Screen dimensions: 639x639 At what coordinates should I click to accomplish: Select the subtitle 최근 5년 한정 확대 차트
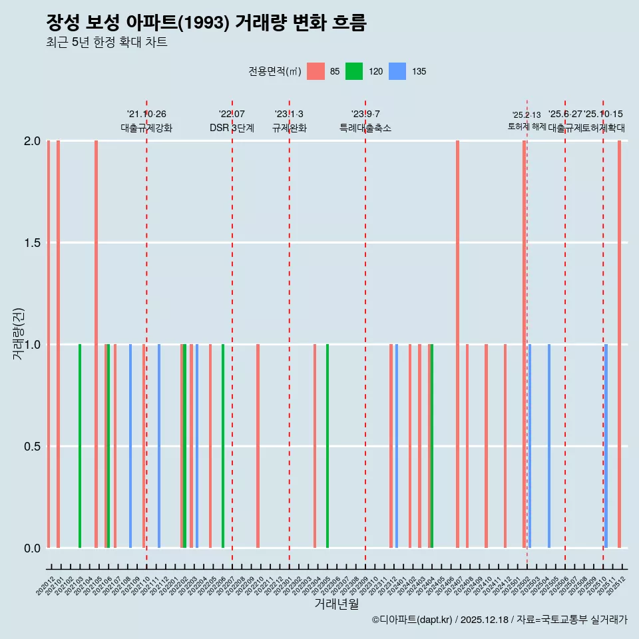(106, 43)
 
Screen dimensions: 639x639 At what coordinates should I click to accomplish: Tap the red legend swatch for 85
(316, 71)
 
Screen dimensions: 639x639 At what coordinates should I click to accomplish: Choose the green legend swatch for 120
(354, 71)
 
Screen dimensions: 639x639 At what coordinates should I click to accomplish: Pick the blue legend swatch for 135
(397, 71)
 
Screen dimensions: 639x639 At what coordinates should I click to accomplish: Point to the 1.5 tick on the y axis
(32, 243)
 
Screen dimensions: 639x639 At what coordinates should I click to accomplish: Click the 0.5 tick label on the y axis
(32, 446)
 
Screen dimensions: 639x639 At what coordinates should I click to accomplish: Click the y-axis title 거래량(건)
(19, 334)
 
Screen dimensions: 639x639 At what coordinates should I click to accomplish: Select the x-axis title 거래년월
(337, 604)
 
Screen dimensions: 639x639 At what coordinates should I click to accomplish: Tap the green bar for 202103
(80, 446)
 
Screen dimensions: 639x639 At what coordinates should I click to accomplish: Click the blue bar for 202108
(130, 446)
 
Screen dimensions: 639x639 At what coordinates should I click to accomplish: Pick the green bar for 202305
(327, 446)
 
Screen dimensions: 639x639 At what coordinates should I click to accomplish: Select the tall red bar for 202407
(457, 344)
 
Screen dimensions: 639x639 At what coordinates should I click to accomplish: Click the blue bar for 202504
(549, 446)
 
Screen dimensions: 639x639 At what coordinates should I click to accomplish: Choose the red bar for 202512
(619, 344)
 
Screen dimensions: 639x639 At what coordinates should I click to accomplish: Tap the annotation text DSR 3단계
(232, 128)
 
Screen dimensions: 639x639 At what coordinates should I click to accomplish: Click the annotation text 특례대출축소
(365, 128)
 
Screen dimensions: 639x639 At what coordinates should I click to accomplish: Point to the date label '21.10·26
(146, 114)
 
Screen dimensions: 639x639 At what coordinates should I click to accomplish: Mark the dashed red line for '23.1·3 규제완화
(289, 333)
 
